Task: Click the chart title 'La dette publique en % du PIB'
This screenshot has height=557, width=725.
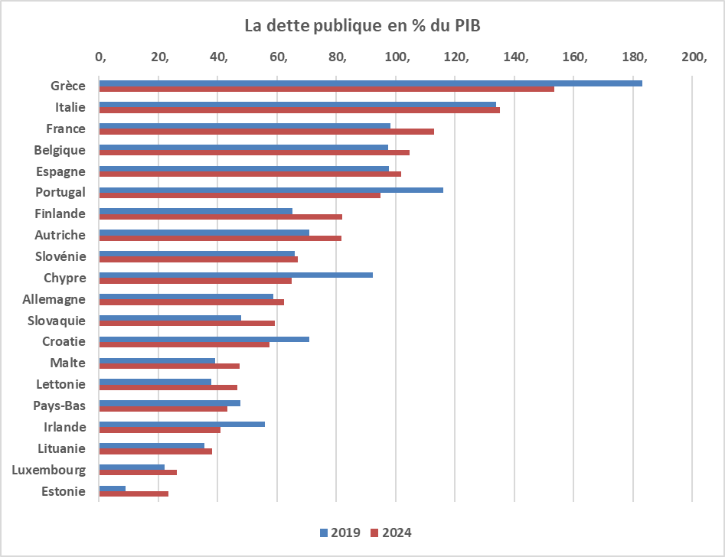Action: click(362, 25)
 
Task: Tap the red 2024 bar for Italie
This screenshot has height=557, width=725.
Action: click(299, 110)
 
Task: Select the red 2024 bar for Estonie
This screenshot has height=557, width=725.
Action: click(134, 494)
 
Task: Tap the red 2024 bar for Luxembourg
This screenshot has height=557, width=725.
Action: click(138, 473)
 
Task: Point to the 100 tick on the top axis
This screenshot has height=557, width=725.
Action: click(397, 57)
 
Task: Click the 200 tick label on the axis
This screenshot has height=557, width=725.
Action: click(694, 57)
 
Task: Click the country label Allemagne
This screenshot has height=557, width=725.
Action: click(54, 299)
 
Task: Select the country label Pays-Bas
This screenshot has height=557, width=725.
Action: click(60, 406)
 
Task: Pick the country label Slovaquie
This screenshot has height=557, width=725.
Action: click(57, 321)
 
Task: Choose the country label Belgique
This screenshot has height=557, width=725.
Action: click(60, 150)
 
